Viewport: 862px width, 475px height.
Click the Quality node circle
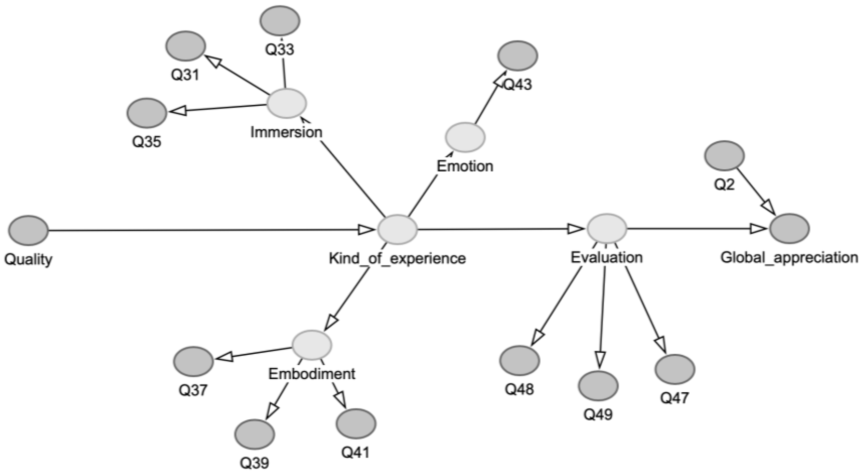[29, 230]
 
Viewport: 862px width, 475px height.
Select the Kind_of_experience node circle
[397, 229]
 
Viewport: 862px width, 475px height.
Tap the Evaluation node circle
[606, 228]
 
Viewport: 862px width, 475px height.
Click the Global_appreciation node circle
[789, 228]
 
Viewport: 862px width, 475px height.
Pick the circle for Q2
[724, 156]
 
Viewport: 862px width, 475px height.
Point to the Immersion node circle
[287, 103]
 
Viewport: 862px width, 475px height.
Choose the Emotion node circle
[465, 137]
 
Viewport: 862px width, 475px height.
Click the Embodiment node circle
[312, 345]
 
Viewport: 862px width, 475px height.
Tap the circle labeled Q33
[279, 20]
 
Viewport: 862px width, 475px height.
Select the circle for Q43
[518, 56]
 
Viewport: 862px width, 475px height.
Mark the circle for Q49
[598, 386]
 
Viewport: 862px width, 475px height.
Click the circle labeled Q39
[255, 434]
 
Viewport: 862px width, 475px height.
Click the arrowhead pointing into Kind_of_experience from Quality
[366, 230]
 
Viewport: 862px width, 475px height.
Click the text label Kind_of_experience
[397, 258]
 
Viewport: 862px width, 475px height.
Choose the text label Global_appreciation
[789, 257]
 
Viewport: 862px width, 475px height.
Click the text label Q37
[193, 390]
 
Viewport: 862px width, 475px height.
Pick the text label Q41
[356, 453]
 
